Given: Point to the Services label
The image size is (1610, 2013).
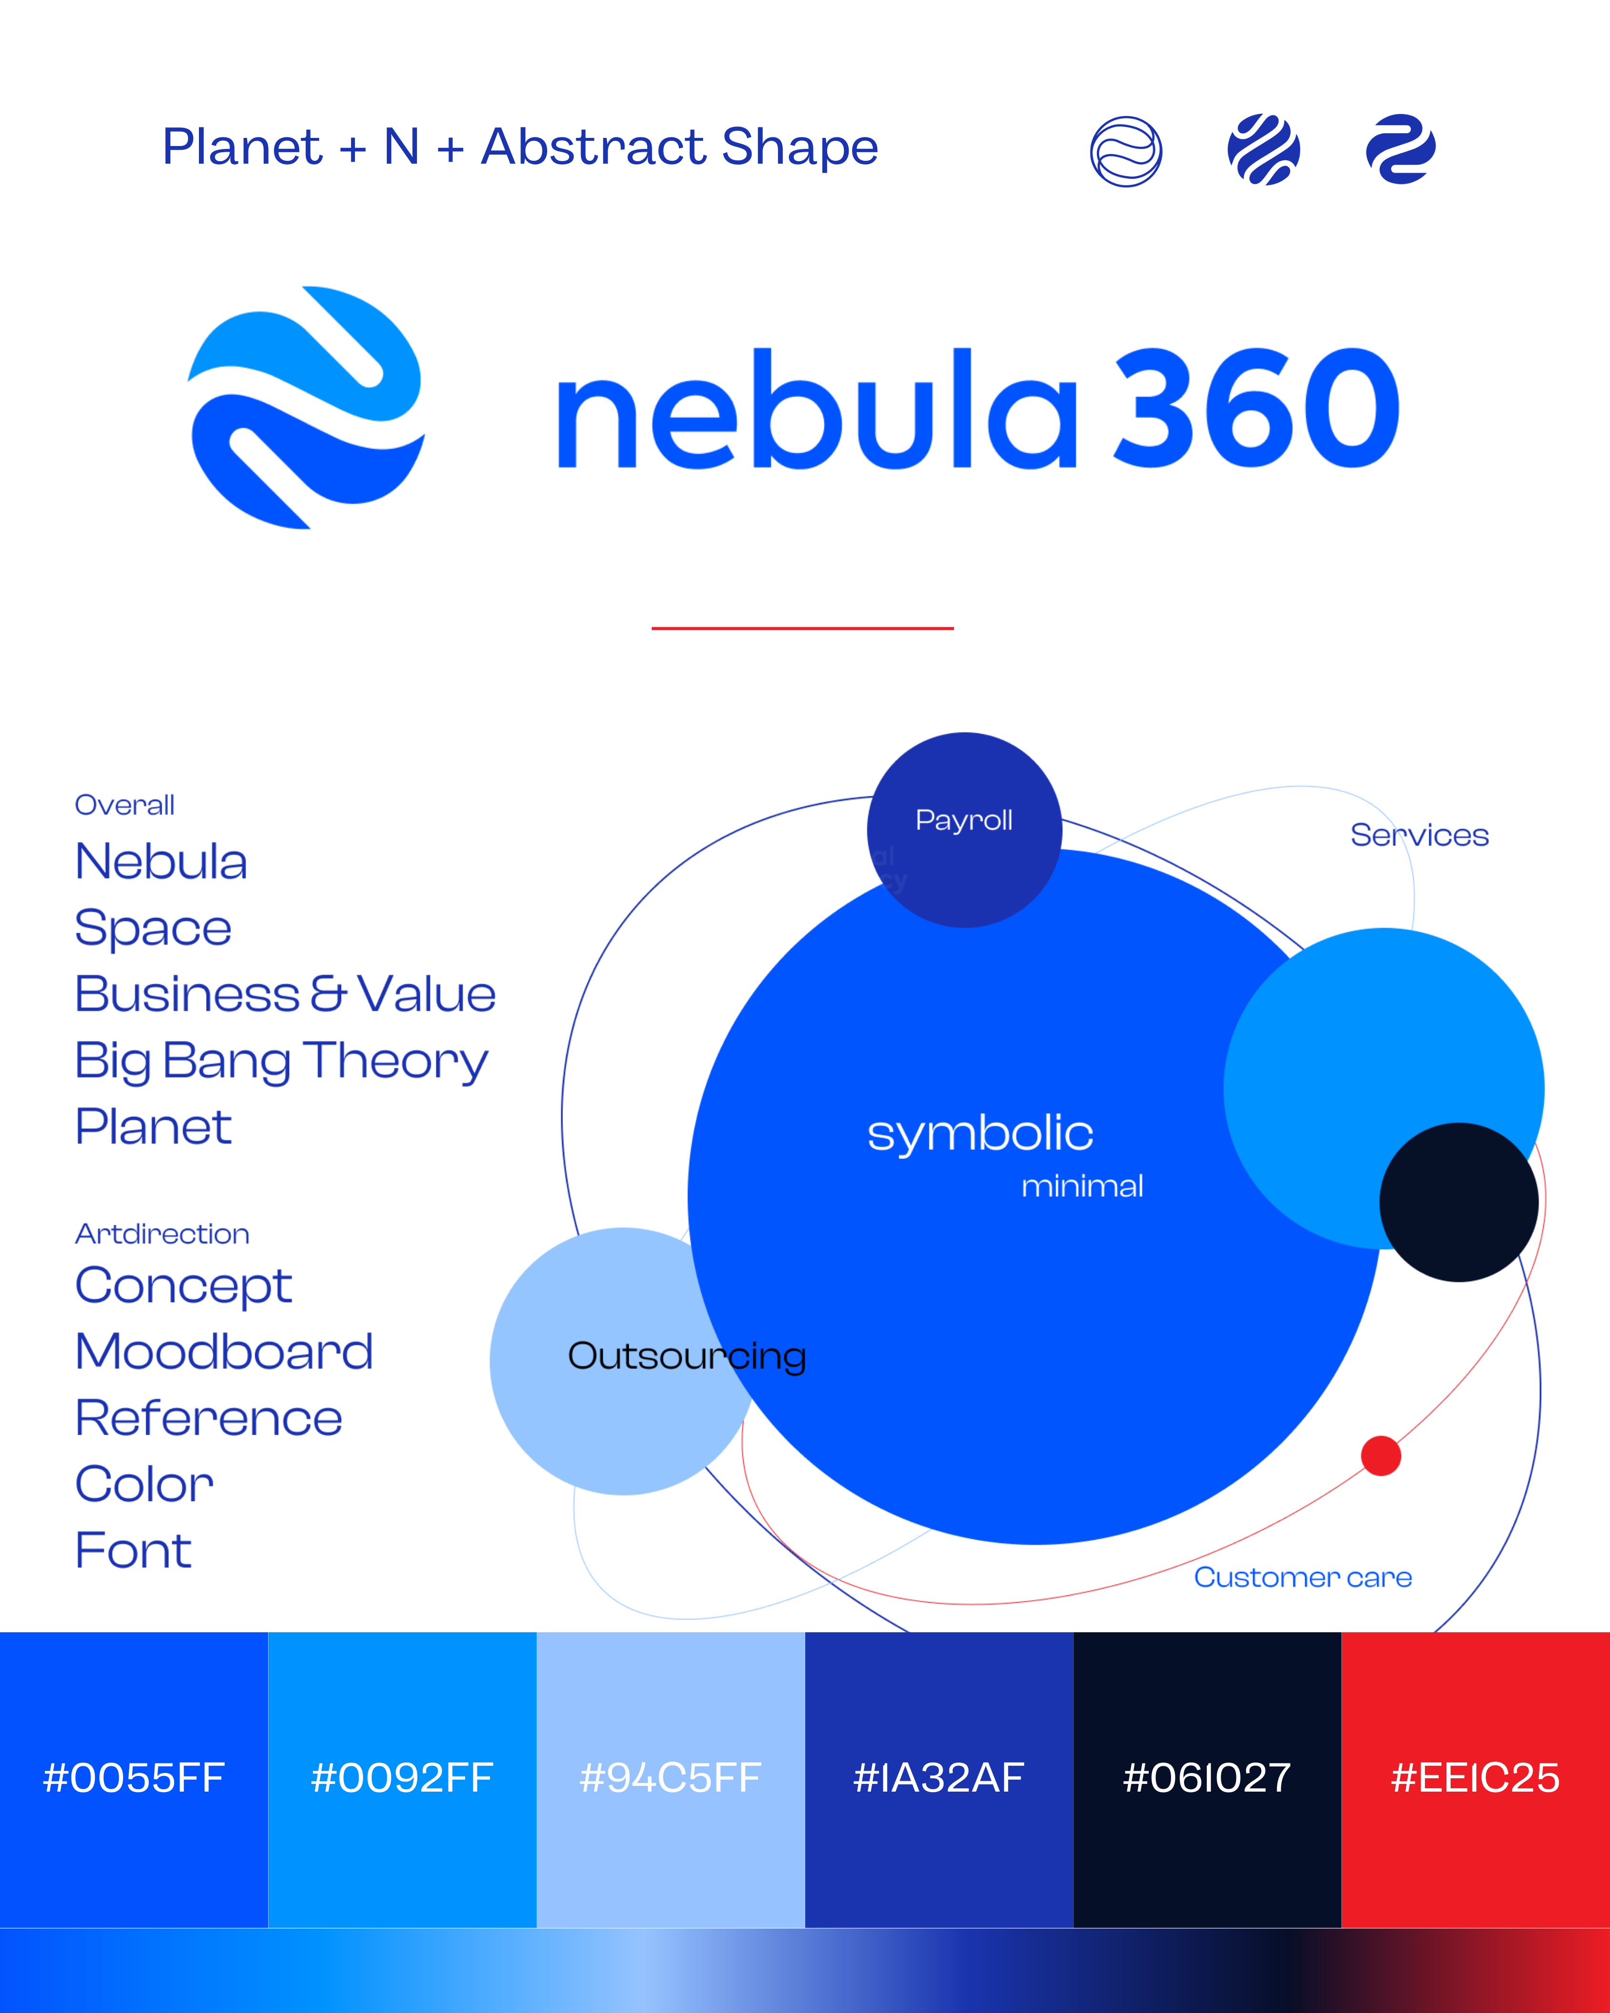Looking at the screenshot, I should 1419,834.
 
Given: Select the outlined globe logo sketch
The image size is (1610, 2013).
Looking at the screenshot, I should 1126,151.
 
